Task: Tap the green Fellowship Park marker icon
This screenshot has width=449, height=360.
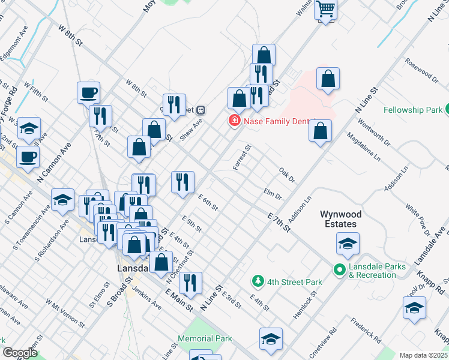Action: click(x=447, y=110)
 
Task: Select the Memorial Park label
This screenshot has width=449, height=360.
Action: click(x=205, y=338)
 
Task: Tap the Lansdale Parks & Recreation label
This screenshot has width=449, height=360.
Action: click(x=377, y=271)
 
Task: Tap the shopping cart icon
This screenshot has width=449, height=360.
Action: click(x=325, y=9)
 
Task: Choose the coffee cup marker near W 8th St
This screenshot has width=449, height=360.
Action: click(x=88, y=92)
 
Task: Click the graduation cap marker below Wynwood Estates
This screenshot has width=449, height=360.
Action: click(x=347, y=244)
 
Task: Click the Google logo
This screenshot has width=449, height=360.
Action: click(x=20, y=352)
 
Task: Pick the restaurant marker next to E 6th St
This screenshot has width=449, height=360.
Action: click(x=182, y=182)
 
